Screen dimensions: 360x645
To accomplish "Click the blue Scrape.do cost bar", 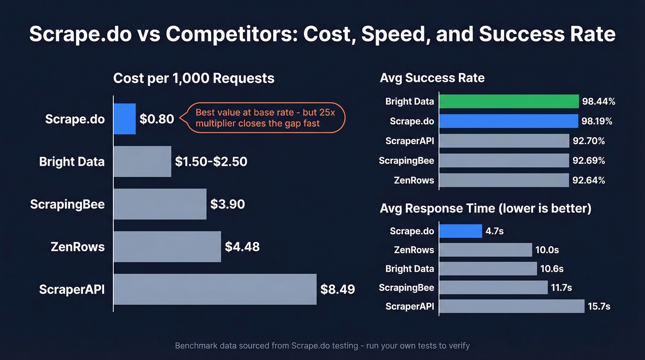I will [124, 119].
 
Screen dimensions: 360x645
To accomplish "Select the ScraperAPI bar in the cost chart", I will [215, 289].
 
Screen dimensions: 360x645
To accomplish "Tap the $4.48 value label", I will [242, 247].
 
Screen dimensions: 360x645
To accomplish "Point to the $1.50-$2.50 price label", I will [211, 161].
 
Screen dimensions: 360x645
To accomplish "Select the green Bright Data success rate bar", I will [509, 101].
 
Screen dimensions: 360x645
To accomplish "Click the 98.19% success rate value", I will [597, 121].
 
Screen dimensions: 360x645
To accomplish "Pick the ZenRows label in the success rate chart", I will [414, 180].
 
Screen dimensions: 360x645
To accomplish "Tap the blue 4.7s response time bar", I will [460, 231].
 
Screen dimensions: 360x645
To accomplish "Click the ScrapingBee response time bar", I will [493, 288].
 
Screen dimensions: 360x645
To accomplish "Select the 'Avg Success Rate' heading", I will [432, 78].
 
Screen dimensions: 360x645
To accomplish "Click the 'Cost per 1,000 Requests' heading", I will [193, 78].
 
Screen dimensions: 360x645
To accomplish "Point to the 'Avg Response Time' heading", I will [485, 208].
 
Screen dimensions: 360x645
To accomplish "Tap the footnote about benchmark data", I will [322, 345].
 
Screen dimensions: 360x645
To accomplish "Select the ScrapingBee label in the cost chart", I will [67, 204].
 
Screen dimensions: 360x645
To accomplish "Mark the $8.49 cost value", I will [338, 289].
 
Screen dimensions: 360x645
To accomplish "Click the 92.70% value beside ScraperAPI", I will [588, 141].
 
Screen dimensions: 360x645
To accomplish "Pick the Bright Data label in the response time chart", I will [410, 269].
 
